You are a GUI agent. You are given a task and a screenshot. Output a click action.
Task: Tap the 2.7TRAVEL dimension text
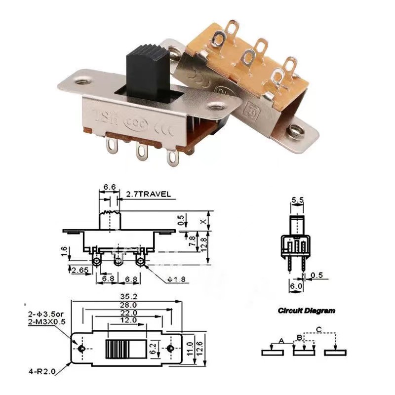[149, 194]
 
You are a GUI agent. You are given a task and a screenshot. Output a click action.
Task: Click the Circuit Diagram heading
[306, 311]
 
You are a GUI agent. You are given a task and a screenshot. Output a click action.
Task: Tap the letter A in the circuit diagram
[281, 341]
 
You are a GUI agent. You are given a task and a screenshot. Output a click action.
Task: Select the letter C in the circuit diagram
[318, 329]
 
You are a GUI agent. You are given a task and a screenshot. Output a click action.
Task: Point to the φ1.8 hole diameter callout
[176, 280]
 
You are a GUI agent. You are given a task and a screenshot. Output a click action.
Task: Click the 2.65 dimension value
[80, 270]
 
